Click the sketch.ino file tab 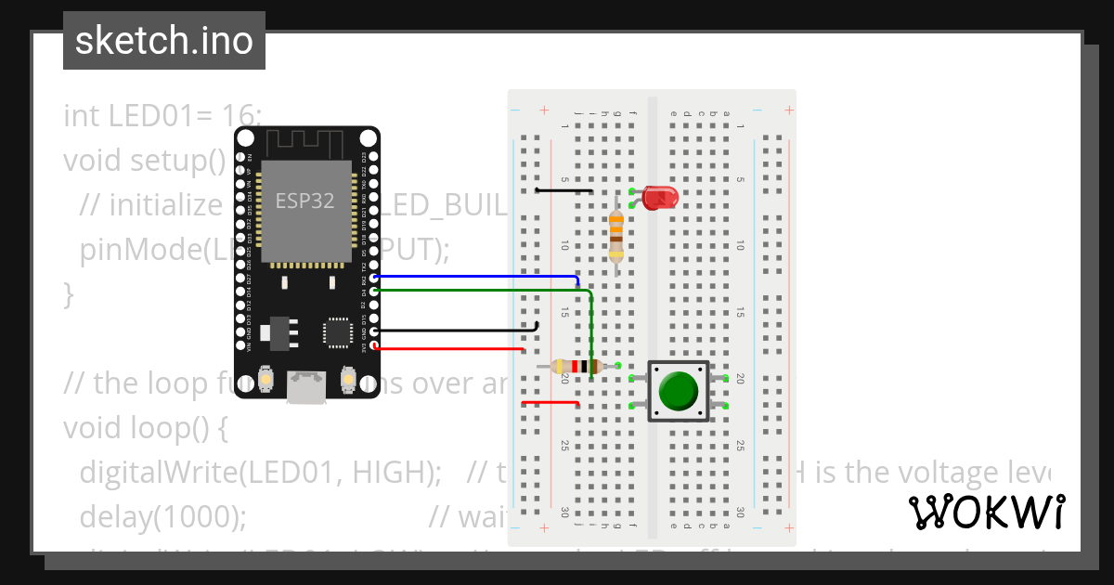click(164, 41)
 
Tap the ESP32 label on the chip click(304, 201)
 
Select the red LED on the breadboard click(660, 197)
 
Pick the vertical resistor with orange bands click(615, 236)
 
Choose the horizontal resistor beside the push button click(580, 366)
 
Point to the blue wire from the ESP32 click(473, 276)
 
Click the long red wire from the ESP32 click(446, 349)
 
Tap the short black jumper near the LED click(564, 190)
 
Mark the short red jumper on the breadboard click(551, 403)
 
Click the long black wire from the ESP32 click(455, 330)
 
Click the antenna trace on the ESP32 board click(306, 143)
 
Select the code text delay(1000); click(163, 515)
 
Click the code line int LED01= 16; click(162, 116)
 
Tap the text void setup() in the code click(145, 161)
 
